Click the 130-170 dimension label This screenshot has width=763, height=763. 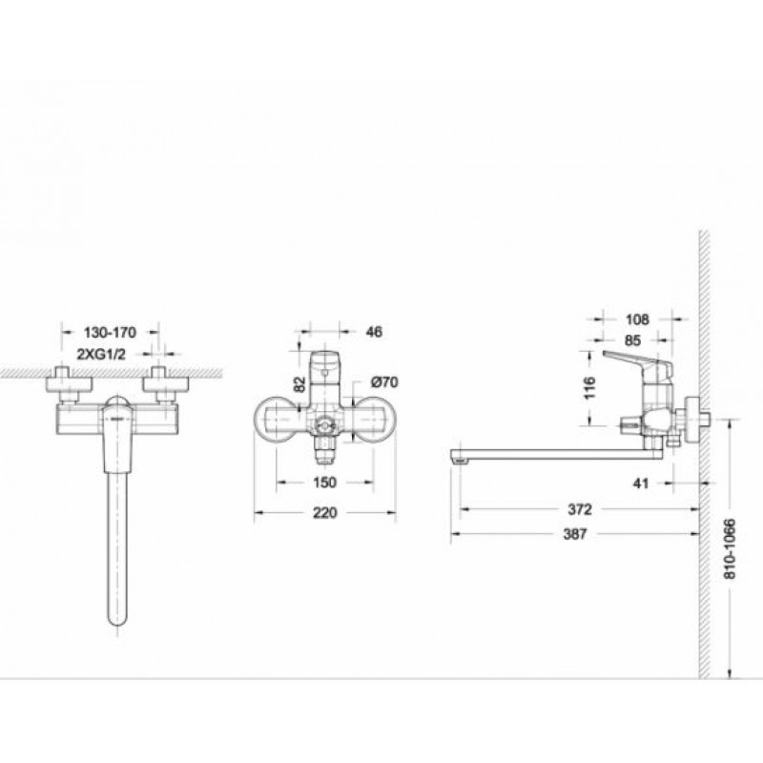click(110, 333)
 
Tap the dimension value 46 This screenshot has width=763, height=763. click(374, 332)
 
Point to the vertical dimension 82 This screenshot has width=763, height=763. click(300, 384)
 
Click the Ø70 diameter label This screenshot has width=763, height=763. click(384, 382)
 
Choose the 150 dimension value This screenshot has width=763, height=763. click(324, 483)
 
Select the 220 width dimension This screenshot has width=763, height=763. click(324, 512)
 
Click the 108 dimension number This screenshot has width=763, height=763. click(637, 320)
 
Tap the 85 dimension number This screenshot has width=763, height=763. click(632, 340)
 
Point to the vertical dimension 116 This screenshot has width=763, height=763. click(589, 388)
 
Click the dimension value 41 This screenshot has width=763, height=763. click(641, 484)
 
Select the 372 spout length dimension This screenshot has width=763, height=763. click(580, 509)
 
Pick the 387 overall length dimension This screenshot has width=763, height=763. click(575, 534)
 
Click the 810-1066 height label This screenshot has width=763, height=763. click(730, 549)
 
